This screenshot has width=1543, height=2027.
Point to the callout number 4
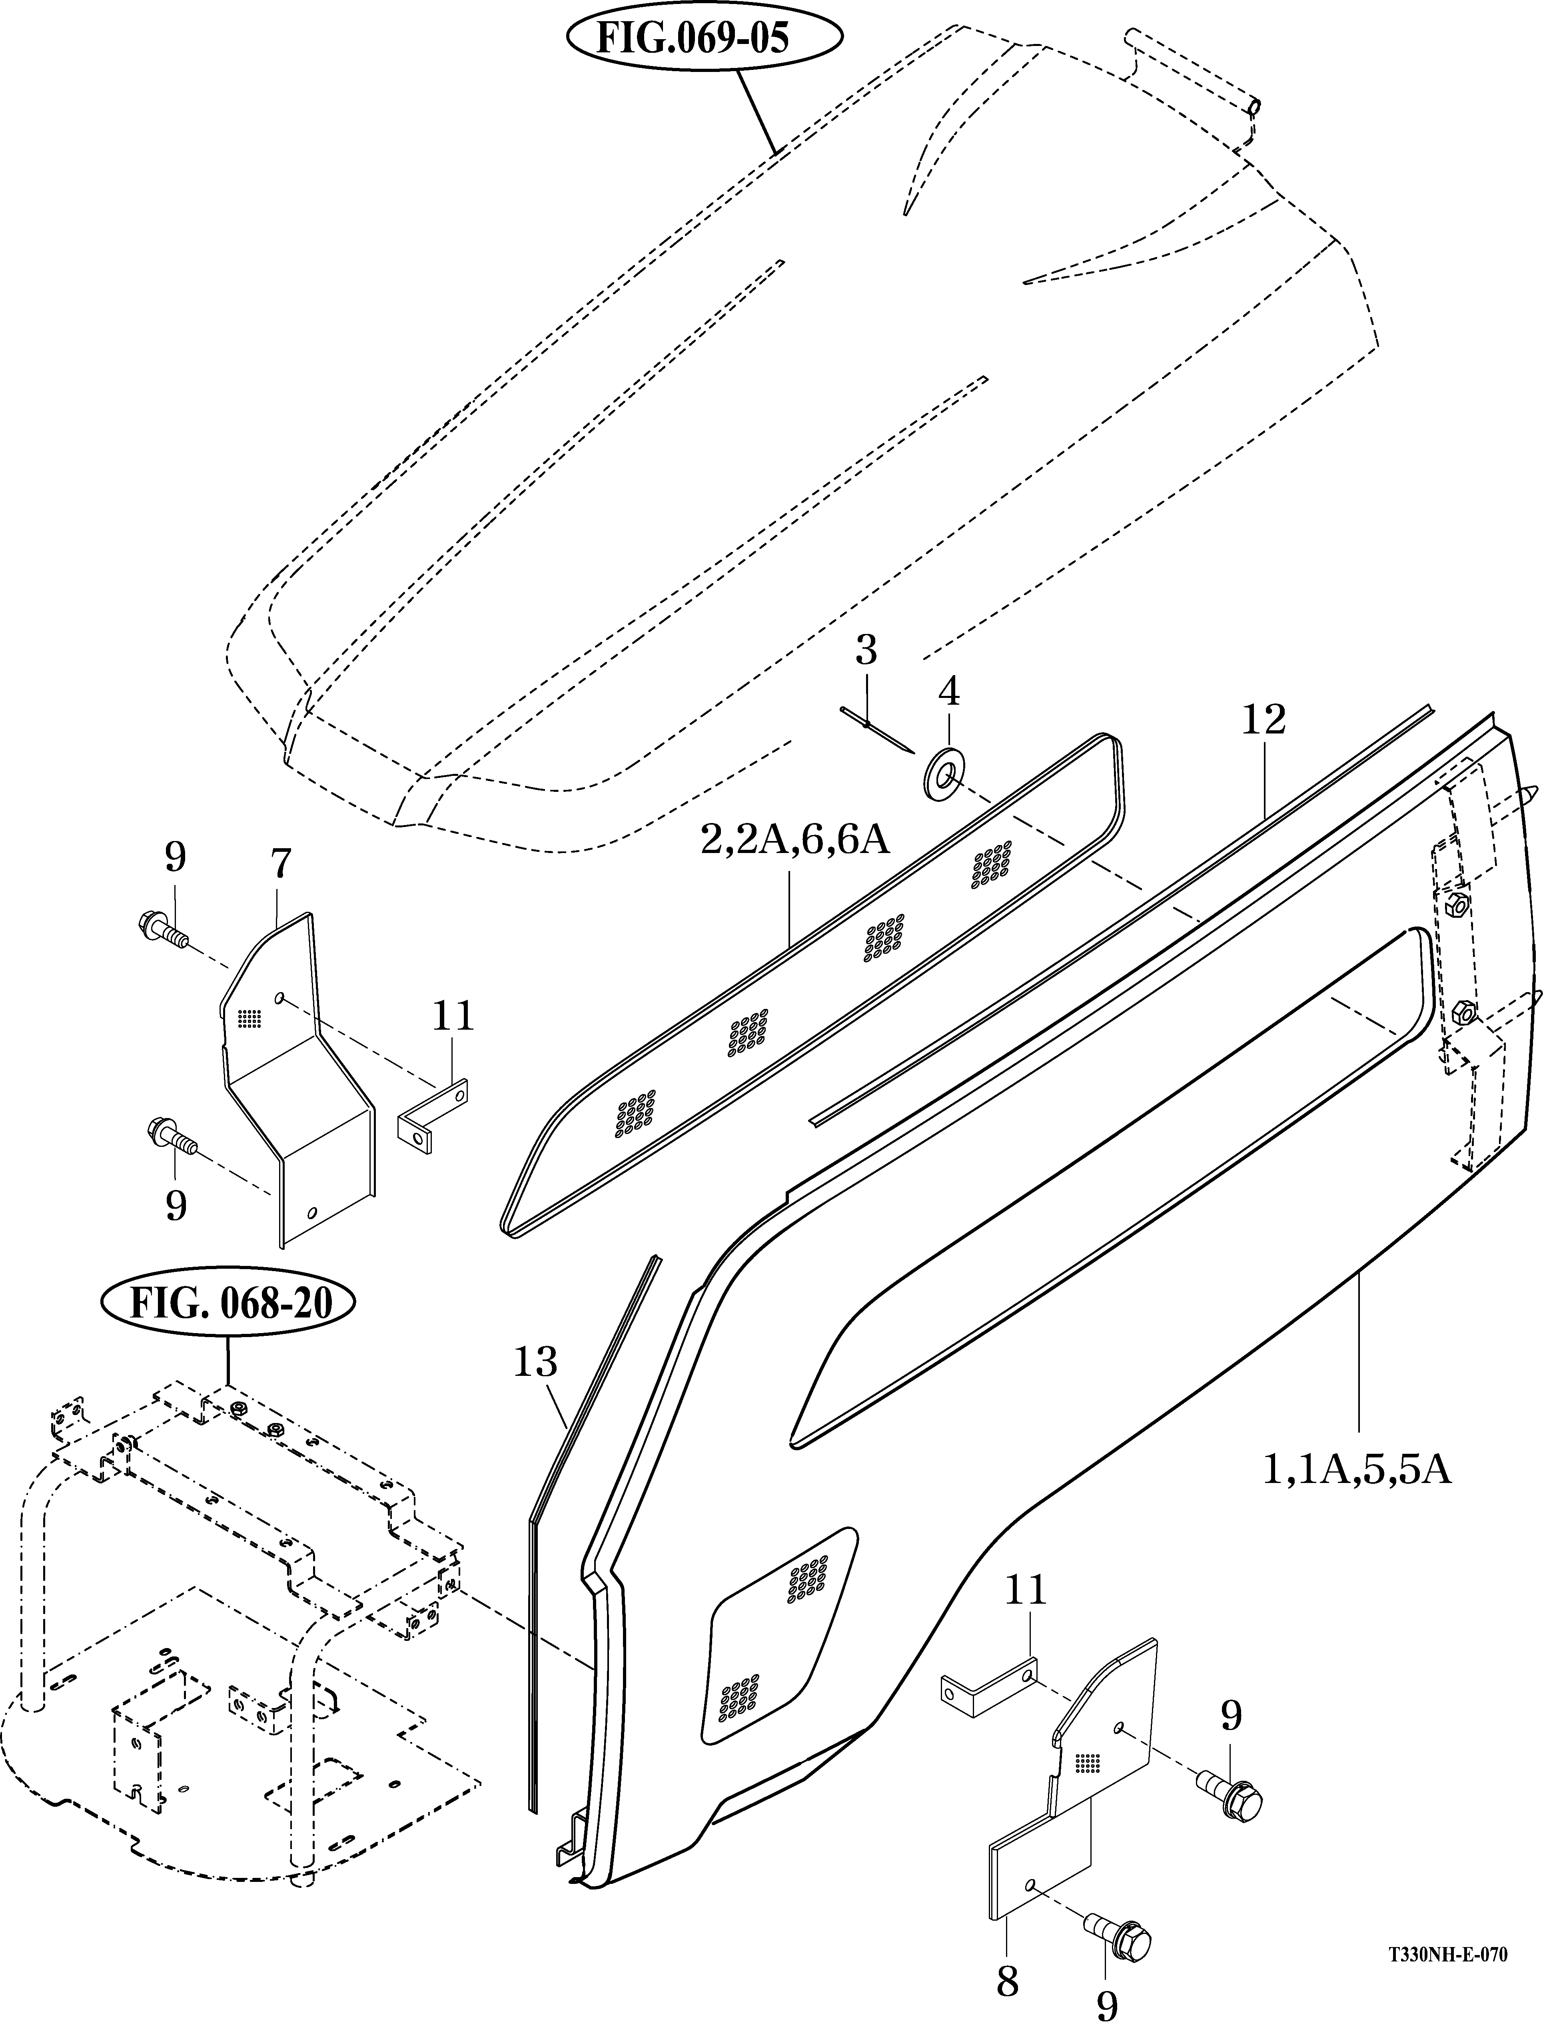(x=949, y=691)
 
